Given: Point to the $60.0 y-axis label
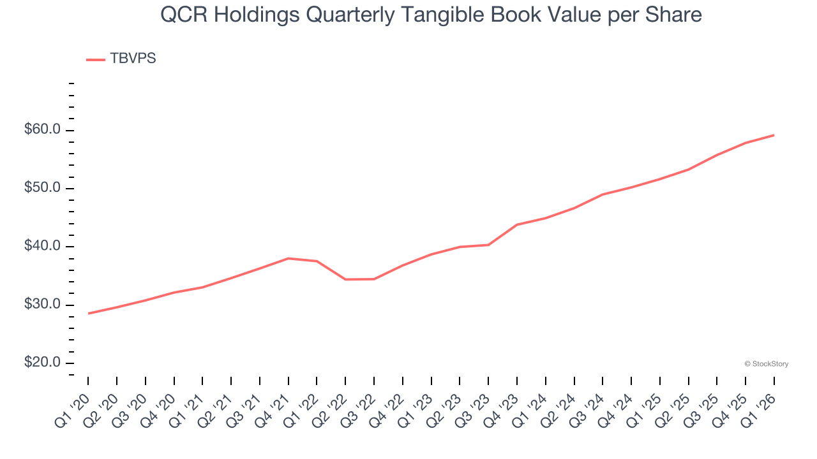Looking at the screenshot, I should [42, 130].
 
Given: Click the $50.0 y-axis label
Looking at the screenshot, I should [42, 188].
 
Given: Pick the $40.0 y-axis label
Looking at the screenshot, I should [42, 247].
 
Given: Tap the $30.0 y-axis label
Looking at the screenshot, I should [42, 305].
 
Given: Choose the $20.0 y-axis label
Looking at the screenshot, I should [42, 363].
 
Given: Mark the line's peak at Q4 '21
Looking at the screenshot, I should [289, 258].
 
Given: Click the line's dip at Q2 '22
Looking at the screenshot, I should [345, 279].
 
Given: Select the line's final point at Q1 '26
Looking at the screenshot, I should [774, 135].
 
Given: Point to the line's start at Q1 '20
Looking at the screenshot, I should [89, 313].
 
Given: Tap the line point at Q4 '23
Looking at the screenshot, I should [516, 224].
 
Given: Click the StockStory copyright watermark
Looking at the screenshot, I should [767, 364].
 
